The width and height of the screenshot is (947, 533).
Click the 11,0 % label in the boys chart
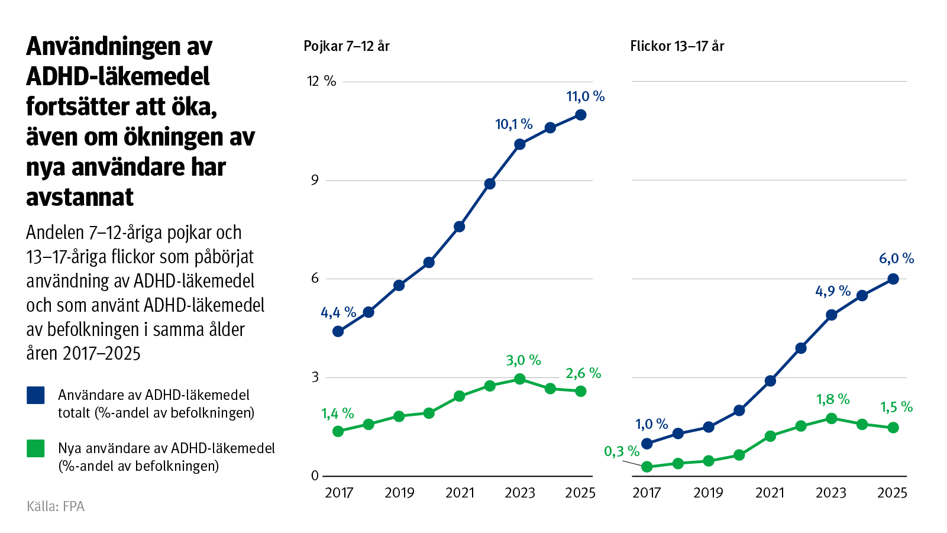[x=585, y=96]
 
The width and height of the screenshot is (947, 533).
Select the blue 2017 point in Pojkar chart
[x=338, y=331]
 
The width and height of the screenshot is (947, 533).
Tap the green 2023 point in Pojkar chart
[x=520, y=379]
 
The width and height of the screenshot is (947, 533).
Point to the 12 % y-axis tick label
[x=321, y=81]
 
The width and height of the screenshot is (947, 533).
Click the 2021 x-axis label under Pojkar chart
[x=460, y=493]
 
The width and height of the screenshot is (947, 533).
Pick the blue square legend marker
[x=36, y=395]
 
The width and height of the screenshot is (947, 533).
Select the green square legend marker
[x=36, y=448]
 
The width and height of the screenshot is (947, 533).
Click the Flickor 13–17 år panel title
[x=677, y=46]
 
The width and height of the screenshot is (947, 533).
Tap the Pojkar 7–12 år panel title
[x=347, y=46]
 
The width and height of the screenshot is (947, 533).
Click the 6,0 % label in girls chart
[x=896, y=259]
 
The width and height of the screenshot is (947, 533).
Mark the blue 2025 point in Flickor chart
[x=893, y=279]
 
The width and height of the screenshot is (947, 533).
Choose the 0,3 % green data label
[x=621, y=452]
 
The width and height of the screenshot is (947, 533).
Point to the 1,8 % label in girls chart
[x=833, y=400]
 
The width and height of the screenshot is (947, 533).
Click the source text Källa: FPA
[x=56, y=506]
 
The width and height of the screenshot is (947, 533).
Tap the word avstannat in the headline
[x=80, y=197]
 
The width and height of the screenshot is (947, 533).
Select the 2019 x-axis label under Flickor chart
[x=708, y=493]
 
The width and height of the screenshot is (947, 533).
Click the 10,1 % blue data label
[x=513, y=124]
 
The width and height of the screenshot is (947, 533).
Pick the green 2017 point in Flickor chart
[x=647, y=467]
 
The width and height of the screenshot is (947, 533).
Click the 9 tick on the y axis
[x=315, y=180]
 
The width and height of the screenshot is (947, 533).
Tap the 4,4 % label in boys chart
[x=338, y=312]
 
